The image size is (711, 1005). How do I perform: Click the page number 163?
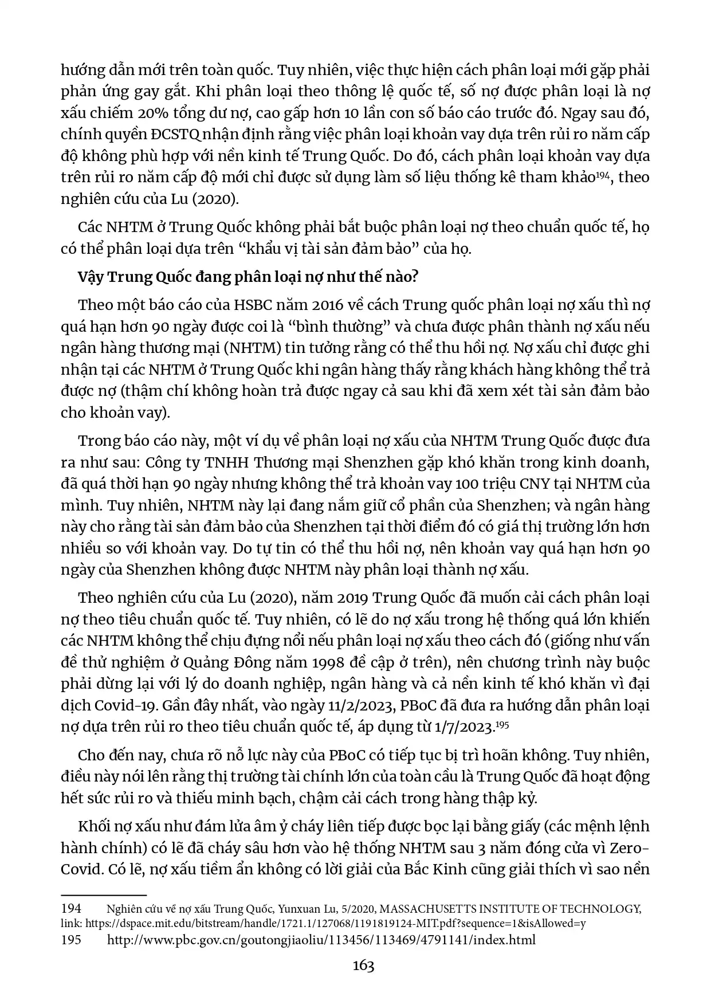click(363, 965)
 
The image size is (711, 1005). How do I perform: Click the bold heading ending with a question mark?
click(248, 277)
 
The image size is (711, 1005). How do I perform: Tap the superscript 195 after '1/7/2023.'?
click(502, 724)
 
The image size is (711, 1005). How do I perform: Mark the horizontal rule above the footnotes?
click(104, 894)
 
